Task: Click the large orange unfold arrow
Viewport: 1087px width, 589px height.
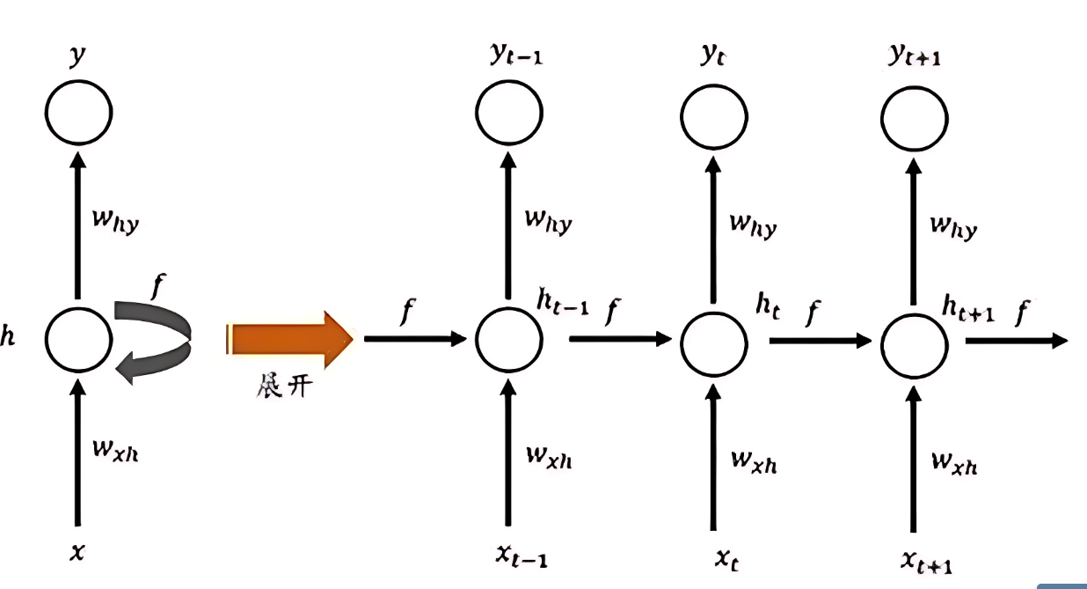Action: tap(290, 339)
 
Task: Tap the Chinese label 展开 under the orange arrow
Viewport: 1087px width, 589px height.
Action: tap(282, 387)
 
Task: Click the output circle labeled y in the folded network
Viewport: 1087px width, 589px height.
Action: tap(79, 114)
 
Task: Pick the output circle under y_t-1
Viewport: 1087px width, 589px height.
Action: tap(508, 114)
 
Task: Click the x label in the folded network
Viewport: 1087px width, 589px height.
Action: tap(78, 553)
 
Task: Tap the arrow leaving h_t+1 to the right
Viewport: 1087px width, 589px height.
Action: tap(1016, 340)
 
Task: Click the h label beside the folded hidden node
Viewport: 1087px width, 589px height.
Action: tap(8, 337)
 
